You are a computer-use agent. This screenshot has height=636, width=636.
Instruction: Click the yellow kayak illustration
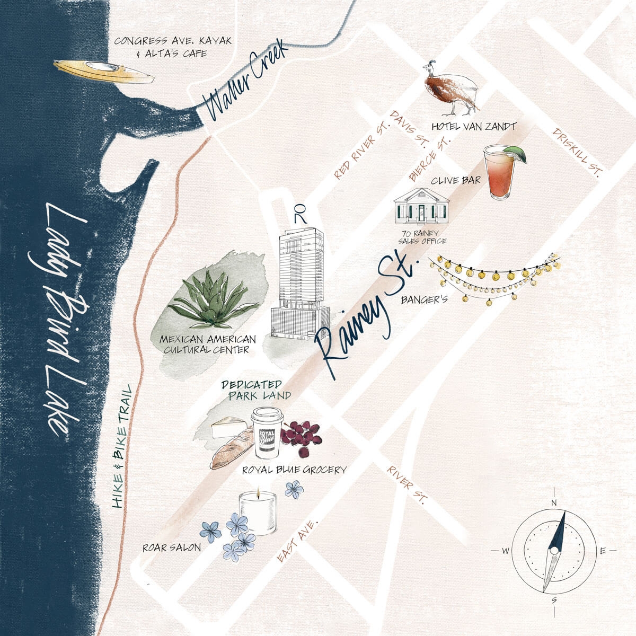pos(103,71)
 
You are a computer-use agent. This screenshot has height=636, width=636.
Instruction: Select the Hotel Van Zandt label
pos(473,127)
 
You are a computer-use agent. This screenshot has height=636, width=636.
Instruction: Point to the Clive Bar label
pos(455,180)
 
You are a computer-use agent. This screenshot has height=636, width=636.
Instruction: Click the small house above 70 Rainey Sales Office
pos(421,207)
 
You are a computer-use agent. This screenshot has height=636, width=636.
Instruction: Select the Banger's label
pos(424,299)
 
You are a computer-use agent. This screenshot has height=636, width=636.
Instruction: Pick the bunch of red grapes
pos(301,436)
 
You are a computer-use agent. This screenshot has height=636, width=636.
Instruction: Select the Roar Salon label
pos(172,547)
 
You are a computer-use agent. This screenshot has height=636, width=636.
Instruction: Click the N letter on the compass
pos(554,502)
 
